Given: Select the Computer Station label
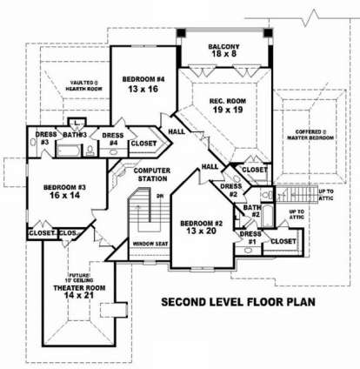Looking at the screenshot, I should (x=152, y=174).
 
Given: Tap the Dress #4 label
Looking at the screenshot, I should (x=111, y=139).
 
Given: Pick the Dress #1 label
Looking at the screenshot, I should (x=249, y=237).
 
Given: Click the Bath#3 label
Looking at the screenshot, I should (x=75, y=134).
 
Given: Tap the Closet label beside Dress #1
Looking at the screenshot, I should (x=283, y=240).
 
